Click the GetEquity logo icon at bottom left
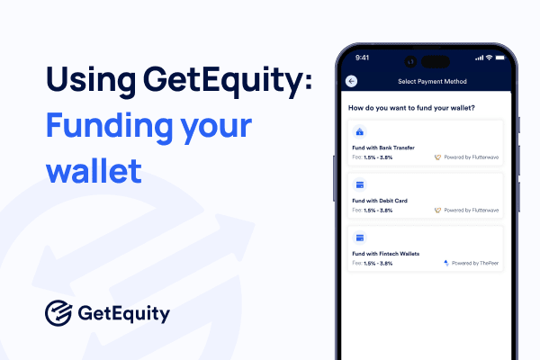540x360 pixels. tap(59, 314)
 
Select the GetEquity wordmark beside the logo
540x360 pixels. tap(123, 315)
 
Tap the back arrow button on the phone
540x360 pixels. tap(351, 81)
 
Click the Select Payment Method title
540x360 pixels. tap(432, 81)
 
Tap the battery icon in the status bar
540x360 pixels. tap(504, 58)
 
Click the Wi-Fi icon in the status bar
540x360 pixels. tap(490, 58)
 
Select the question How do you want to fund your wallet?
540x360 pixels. tap(411, 108)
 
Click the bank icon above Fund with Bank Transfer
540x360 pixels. tap(360, 132)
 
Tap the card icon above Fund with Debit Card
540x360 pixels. tap(360, 185)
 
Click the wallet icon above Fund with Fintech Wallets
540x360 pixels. tap(360, 238)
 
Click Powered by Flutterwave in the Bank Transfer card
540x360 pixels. tap(471, 157)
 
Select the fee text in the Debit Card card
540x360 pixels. tap(372, 210)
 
